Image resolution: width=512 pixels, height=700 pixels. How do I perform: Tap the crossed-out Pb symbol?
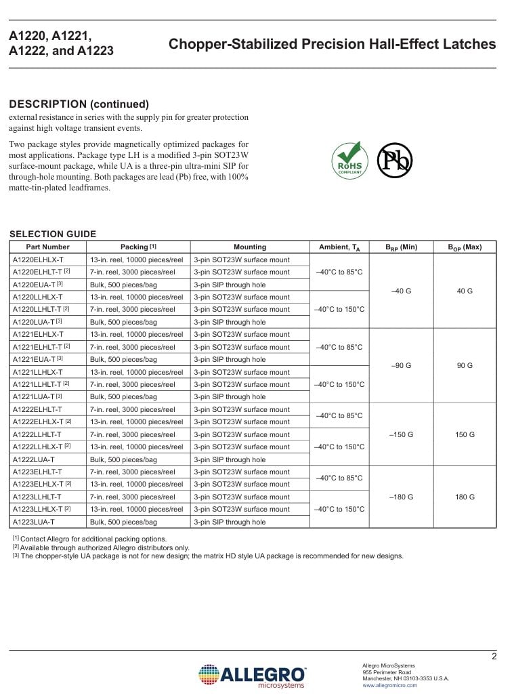tap(394, 161)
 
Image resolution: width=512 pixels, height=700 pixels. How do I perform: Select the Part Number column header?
tap(47, 247)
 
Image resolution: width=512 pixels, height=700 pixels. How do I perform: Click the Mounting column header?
tap(250, 247)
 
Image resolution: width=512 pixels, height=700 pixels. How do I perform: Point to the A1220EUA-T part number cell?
tap(38, 285)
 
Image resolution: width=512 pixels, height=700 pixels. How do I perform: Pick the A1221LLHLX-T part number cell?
tap(38, 372)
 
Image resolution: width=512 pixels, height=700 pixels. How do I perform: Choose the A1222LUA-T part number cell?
tap(34, 459)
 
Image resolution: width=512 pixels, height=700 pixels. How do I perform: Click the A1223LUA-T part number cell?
tap(34, 522)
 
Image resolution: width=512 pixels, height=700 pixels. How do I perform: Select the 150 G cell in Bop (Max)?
tap(465, 434)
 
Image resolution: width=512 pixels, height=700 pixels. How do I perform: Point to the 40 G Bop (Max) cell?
tap(465, 291)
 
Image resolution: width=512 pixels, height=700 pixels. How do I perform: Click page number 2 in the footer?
tap(494, 656)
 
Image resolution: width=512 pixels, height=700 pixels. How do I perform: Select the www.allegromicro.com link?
tap(390, 686)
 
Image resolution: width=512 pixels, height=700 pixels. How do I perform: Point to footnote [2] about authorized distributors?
tap(102, 548)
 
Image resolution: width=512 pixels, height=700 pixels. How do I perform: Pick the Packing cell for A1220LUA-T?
tap(123, 322)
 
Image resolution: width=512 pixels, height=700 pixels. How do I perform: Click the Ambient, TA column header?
tap(339, 247)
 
